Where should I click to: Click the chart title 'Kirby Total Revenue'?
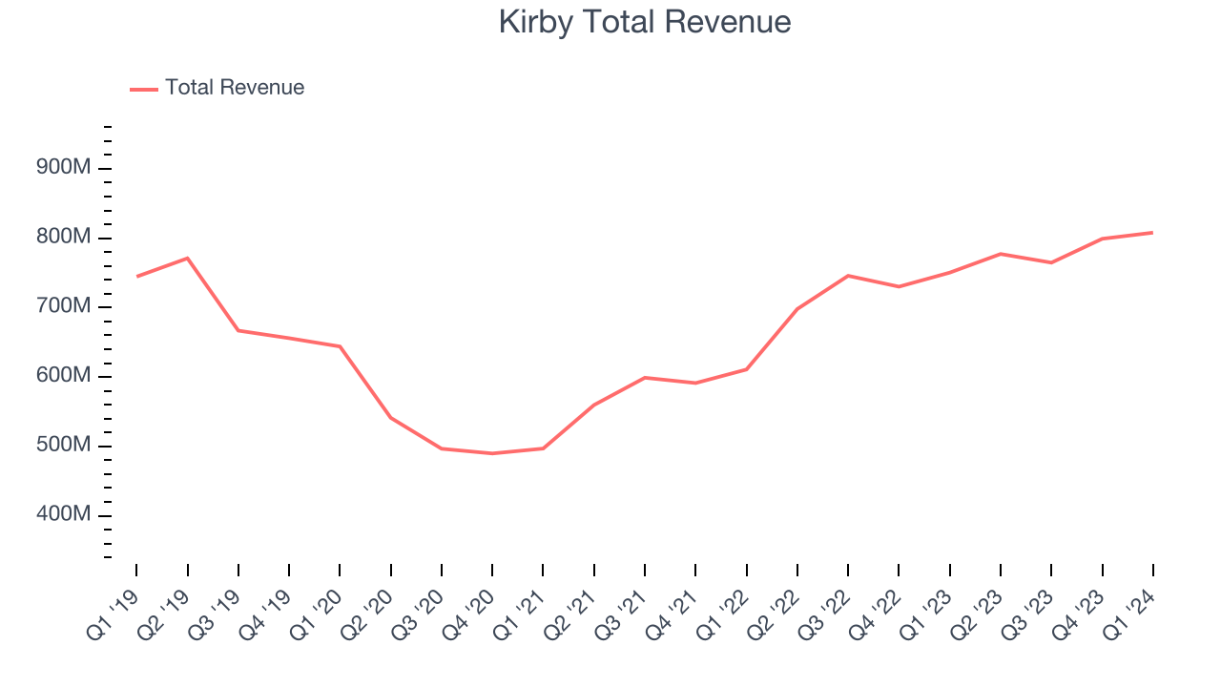[645, 21]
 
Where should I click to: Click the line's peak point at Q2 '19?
[187, 258]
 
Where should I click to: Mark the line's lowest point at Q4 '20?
[492, 453]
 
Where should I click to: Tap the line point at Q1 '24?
[1152, 232]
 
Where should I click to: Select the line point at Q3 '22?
[848, 276]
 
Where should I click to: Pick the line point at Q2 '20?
[390, 417]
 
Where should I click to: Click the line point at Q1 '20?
[340, 346]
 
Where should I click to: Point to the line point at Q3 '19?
[238, 330]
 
